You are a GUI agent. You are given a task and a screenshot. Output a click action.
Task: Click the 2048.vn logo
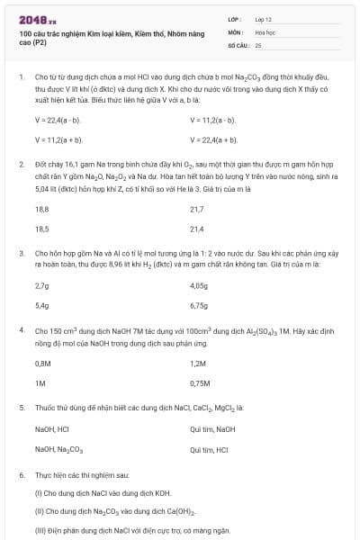point(36,19)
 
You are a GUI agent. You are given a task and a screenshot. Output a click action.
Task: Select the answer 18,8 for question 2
point(41,209)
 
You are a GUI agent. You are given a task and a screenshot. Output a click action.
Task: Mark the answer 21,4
point(197,229)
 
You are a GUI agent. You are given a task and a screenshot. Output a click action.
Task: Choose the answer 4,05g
point(199,285)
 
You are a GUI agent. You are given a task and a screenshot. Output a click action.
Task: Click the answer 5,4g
point(41,305)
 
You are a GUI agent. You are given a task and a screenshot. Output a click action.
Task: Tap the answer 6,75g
point(199,305)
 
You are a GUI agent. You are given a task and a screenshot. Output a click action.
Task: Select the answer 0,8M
point(43,363)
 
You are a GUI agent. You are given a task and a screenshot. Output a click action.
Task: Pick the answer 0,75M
point(201,382)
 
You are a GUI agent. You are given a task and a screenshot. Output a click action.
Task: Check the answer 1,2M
point(199,363)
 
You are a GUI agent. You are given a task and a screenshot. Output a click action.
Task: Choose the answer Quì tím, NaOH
point(212,429)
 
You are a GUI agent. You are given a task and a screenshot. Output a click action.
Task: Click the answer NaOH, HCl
point(52,429)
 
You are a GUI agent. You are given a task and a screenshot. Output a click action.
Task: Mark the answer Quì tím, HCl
point(210,449)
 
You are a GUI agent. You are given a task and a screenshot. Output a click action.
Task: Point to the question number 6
point(22,474)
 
